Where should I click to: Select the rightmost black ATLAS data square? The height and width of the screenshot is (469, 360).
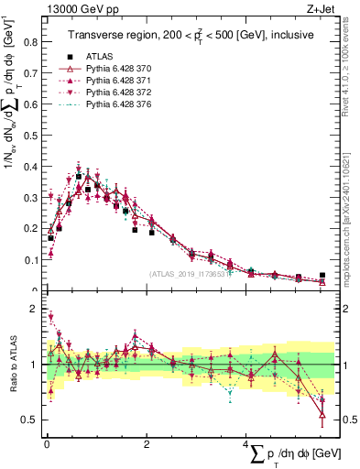(x=322, y=275)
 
